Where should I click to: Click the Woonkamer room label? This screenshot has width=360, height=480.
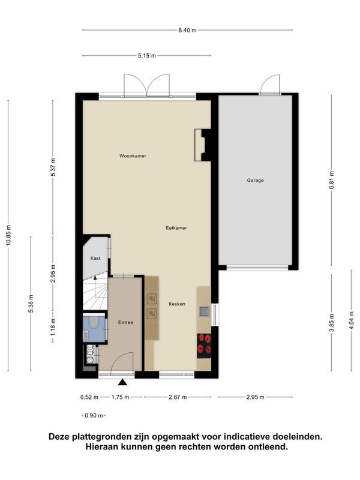[x=133, y=156]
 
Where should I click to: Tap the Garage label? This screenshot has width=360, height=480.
[x=256, y=181]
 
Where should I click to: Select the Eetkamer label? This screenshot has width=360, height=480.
[x=176, y=228]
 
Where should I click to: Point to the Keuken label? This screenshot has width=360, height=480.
[x=177, y=304]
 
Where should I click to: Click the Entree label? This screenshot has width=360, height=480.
[x=126, y=322]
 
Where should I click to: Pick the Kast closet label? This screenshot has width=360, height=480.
[x=95, y=258]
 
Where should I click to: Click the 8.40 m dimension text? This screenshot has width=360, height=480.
[x=187, y=30]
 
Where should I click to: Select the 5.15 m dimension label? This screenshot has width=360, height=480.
[x=147, y=56]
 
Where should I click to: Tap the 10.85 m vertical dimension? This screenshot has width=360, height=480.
[x=8, y=235]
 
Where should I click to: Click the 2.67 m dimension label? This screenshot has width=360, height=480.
[x=178, y=397]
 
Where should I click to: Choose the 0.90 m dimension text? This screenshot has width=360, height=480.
[x=94, y=415]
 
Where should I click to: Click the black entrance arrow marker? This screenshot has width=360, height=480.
[x=123, y=382]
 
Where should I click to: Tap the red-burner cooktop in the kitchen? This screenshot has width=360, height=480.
[x=204, y=346]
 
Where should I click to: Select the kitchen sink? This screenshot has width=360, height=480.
[x=205, y=311]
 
